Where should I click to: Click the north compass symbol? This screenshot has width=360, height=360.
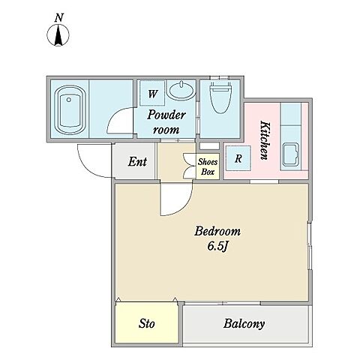pyautogui.click(x=58, y=35)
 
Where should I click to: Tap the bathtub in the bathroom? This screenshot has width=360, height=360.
pyautogui.click(x=70, y=110)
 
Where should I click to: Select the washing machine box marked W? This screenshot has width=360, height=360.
pyautogui.click(x=152, y=93)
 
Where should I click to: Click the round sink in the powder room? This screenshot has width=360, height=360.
pyautogui.click(x=181, y=91)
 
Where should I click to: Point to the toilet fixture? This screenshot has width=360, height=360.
pyautogui.click(x=220, y=97)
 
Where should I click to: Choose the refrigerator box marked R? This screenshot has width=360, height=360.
pyautogui.click(x=238, y=158)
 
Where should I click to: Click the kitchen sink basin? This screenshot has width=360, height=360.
pyautogui.click(x=291, y=155)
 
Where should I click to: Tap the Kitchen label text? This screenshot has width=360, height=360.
pyautogui.click(x=265, y=140)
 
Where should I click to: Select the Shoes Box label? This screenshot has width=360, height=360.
pyautogui.click(x=208, y=166)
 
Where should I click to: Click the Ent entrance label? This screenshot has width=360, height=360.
pyautogui.click(x=137, y=161)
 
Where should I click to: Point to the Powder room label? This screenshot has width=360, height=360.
pyautogui.click(x=166, y=122)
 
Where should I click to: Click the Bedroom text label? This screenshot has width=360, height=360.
pyautogui.click(x=217, y=231)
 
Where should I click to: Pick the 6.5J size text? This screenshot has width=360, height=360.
pyautogui.click(x=217, y=247)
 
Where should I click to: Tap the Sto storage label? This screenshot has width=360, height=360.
pyautogui.click(x=147, y=324)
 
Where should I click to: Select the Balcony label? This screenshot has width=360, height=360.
pyautogui.click(x=244, y=324)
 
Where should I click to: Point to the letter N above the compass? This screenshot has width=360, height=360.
pyautogui.click(x=59, y=18)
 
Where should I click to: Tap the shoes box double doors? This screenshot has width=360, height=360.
pyautogui.click(x=189, y=166)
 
